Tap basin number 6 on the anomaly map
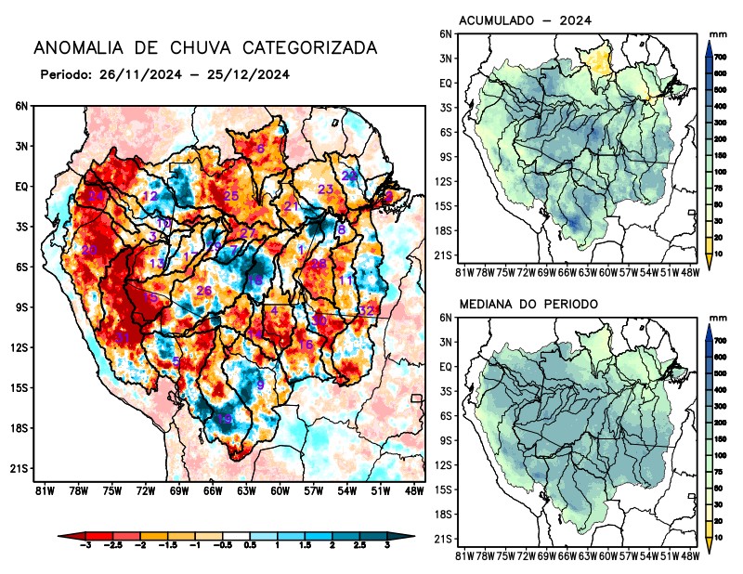260,149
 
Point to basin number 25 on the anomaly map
231,196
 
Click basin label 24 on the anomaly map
96,196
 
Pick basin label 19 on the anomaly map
224,420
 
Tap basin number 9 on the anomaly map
260,385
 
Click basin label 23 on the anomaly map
326,189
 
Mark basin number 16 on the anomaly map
305,346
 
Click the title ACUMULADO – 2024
526,20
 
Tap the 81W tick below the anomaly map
42,490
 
